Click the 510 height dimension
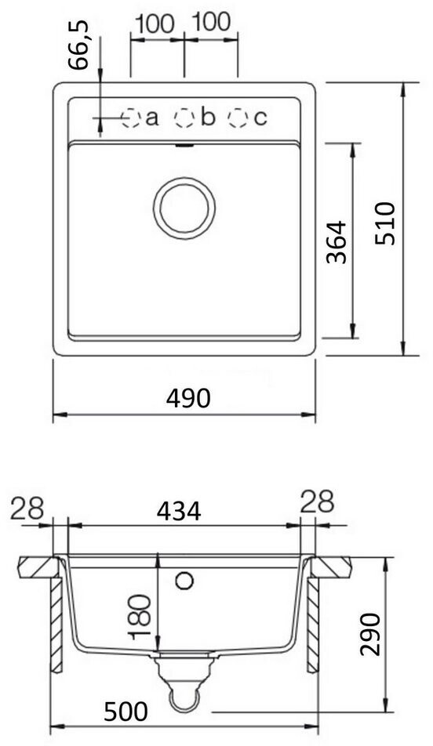click(384, 223)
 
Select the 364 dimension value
click(337, 241)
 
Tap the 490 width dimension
click(187, 398)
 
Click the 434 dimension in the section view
click(179, 512)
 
